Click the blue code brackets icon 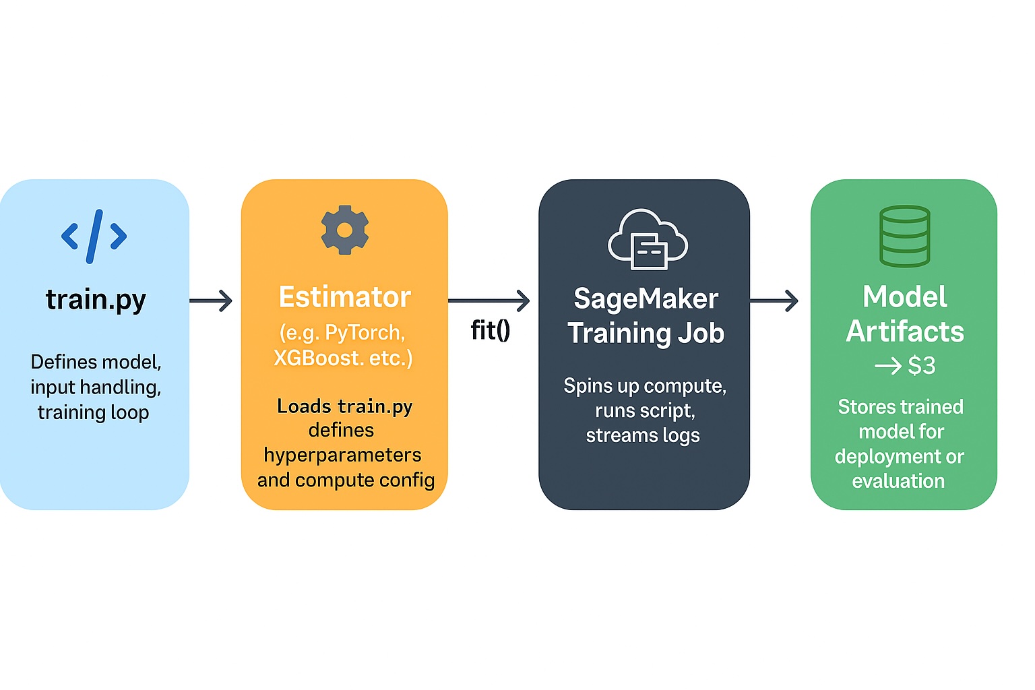point(94,236)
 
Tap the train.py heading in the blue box point(96,299)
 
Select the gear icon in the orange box point(344,230)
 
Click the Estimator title point(344,297)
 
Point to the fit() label point(490,330)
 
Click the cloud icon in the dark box point(647,239)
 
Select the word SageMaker point(646,299)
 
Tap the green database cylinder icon point(904,236)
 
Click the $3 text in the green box point(921,366)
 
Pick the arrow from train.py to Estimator point(211,301)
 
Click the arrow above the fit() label point(489,301)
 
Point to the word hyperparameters point(342,456)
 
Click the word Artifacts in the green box point(904,332)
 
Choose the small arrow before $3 point(887,366)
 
